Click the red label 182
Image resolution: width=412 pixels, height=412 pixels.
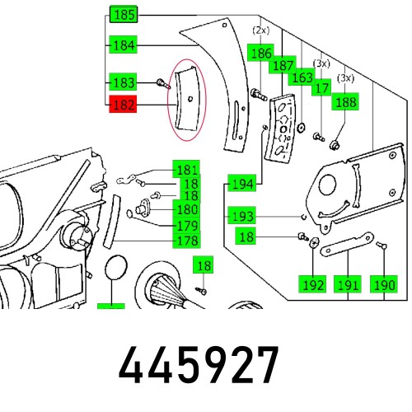[123, 105]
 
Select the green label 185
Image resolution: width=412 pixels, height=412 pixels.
[123, 14]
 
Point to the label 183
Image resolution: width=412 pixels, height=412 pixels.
[123, 82]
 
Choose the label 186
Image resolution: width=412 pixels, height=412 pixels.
[260, 53]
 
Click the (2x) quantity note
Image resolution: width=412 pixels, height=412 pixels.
[260, 30]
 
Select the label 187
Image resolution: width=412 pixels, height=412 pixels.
[283, 65]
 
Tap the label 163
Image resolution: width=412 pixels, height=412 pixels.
[302, 77]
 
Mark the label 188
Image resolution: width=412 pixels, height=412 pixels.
[344, 102]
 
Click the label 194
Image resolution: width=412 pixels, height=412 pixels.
[242, 183]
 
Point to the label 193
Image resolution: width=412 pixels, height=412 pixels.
[242, 216]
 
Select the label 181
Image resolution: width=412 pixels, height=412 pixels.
[186, 170]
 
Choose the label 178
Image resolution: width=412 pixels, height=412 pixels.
[186, 241]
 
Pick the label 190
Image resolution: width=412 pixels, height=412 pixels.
[383, 285]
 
